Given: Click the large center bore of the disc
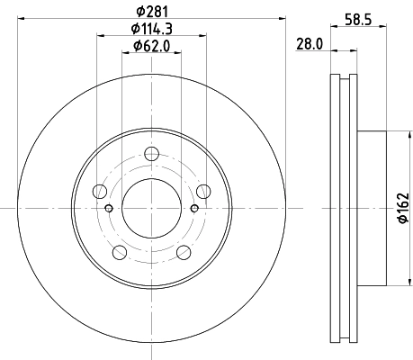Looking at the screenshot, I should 151,207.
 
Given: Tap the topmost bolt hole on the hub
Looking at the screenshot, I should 151,153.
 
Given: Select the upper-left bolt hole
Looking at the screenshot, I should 100,191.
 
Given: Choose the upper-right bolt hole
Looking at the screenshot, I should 202,191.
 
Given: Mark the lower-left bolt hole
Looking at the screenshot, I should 120,251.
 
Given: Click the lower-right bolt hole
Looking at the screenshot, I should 183,251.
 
